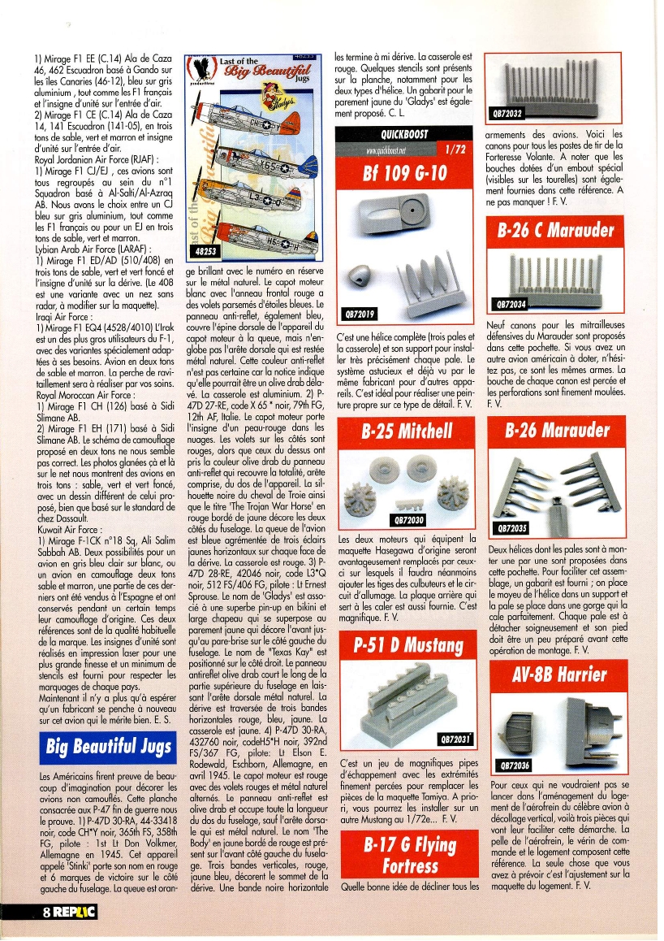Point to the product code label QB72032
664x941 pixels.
pyautogui.click(x=507, y=113)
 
